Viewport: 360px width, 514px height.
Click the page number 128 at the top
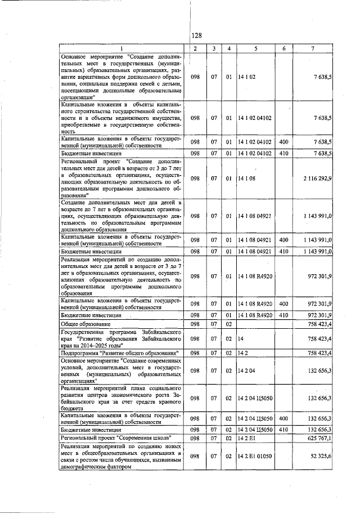pos(196,35)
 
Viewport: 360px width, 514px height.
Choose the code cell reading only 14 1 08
pos(246,178)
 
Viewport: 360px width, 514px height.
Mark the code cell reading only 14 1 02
pos(246,76)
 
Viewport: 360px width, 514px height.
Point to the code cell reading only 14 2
pos(243,352)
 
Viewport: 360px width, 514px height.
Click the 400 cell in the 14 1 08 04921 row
pos(283,240)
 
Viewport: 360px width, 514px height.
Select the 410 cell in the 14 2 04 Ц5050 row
pos(283,429)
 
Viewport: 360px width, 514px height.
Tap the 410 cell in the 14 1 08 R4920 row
pos(283,315)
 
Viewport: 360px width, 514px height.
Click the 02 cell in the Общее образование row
pos(229,324)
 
